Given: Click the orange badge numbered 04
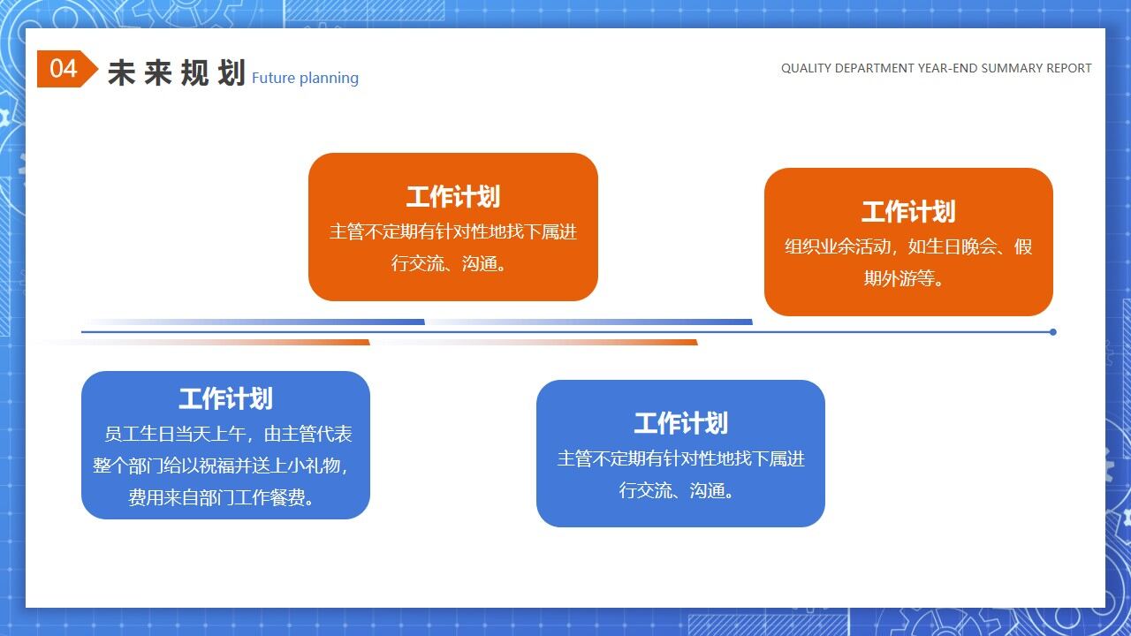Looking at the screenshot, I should pos(65,69).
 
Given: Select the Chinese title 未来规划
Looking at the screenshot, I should pos(176,73).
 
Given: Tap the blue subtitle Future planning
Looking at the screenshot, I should pos(305,78).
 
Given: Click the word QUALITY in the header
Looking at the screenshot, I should pos(806,68).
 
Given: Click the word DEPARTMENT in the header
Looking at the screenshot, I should pos(874,68).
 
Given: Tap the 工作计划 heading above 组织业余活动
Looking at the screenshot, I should pos(908,212).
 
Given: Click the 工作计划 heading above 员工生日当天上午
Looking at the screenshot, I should pos(225,399).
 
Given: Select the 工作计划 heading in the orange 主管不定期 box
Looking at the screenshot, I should pos(452,197).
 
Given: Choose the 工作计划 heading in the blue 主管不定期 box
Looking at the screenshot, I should pos(680,424).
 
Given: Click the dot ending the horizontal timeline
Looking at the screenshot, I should pos(1052,332).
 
